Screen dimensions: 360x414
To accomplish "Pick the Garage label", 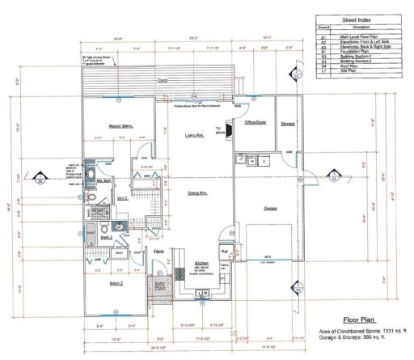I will [271, 208].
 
